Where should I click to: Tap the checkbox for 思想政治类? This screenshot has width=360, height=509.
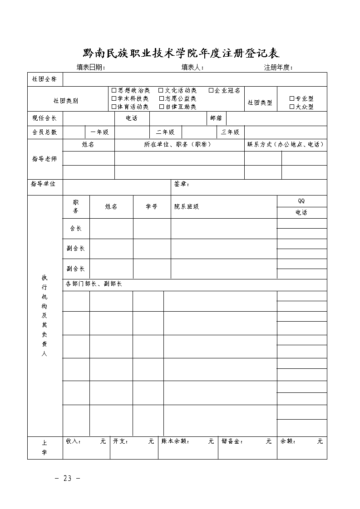coord(114,91)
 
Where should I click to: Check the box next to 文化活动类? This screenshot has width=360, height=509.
coord(161,91)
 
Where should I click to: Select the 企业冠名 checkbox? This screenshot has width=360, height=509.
coord(211,91)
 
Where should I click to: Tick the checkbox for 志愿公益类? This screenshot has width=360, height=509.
coord(162,98)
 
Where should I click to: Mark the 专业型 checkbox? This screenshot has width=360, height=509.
coord(292,98)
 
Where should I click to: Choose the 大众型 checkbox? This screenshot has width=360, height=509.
coord(292,107)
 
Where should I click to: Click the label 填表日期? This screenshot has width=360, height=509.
coord(90,68)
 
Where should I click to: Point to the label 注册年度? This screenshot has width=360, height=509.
coord(278,68)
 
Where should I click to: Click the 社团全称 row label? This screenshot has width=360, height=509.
coord(44,79)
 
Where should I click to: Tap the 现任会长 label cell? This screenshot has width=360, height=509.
coord(44,118)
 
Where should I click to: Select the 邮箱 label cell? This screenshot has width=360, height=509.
coord(216,118)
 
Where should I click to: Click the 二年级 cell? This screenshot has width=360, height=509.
coord(165,132)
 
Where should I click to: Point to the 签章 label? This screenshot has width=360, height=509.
coord(182,184)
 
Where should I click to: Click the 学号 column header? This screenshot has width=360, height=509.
coord(152,206)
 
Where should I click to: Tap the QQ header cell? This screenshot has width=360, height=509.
coord(301,201)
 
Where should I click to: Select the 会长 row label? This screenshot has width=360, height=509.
coord(76,229)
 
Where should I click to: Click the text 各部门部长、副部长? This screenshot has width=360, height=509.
coord(94,284)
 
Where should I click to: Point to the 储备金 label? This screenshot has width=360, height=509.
coord(230,441)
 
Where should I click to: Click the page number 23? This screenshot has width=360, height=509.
coord(68,479)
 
